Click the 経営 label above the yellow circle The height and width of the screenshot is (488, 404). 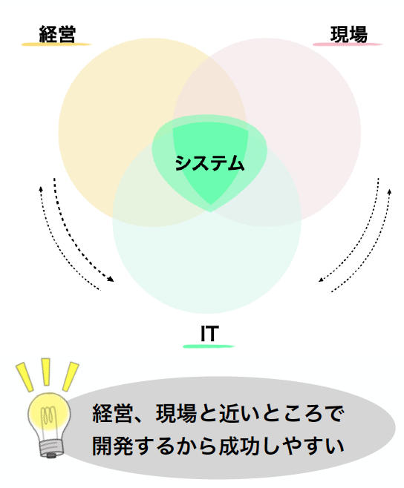[x=57, y=34]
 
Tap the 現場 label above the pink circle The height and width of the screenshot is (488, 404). [x=349, y=34]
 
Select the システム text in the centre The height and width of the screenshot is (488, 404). [x=209, y=163]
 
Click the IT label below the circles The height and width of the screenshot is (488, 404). [x=209, y=334]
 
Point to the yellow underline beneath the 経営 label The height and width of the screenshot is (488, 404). [x=56, y=44]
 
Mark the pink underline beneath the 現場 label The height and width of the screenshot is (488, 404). [x=348, y=44]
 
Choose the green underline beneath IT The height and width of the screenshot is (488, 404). [x=209, y=346]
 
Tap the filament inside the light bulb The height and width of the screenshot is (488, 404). [x=48, y=415]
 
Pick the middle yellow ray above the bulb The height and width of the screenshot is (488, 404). [x=45, y=372]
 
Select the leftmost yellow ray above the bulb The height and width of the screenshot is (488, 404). [x=25, y=377]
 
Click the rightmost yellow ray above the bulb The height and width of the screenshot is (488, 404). [x=71, y=376]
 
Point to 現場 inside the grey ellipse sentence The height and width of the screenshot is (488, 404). [x=177, y=413]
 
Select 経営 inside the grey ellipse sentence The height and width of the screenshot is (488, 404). [x=113, y=413]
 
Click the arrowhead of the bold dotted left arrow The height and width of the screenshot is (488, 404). [x=111, y=279]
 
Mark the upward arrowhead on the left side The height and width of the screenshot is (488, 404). [x=41, y=189]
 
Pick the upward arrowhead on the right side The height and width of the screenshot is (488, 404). [x=389, y=191]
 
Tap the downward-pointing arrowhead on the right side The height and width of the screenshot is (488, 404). [x=321, y=280]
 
